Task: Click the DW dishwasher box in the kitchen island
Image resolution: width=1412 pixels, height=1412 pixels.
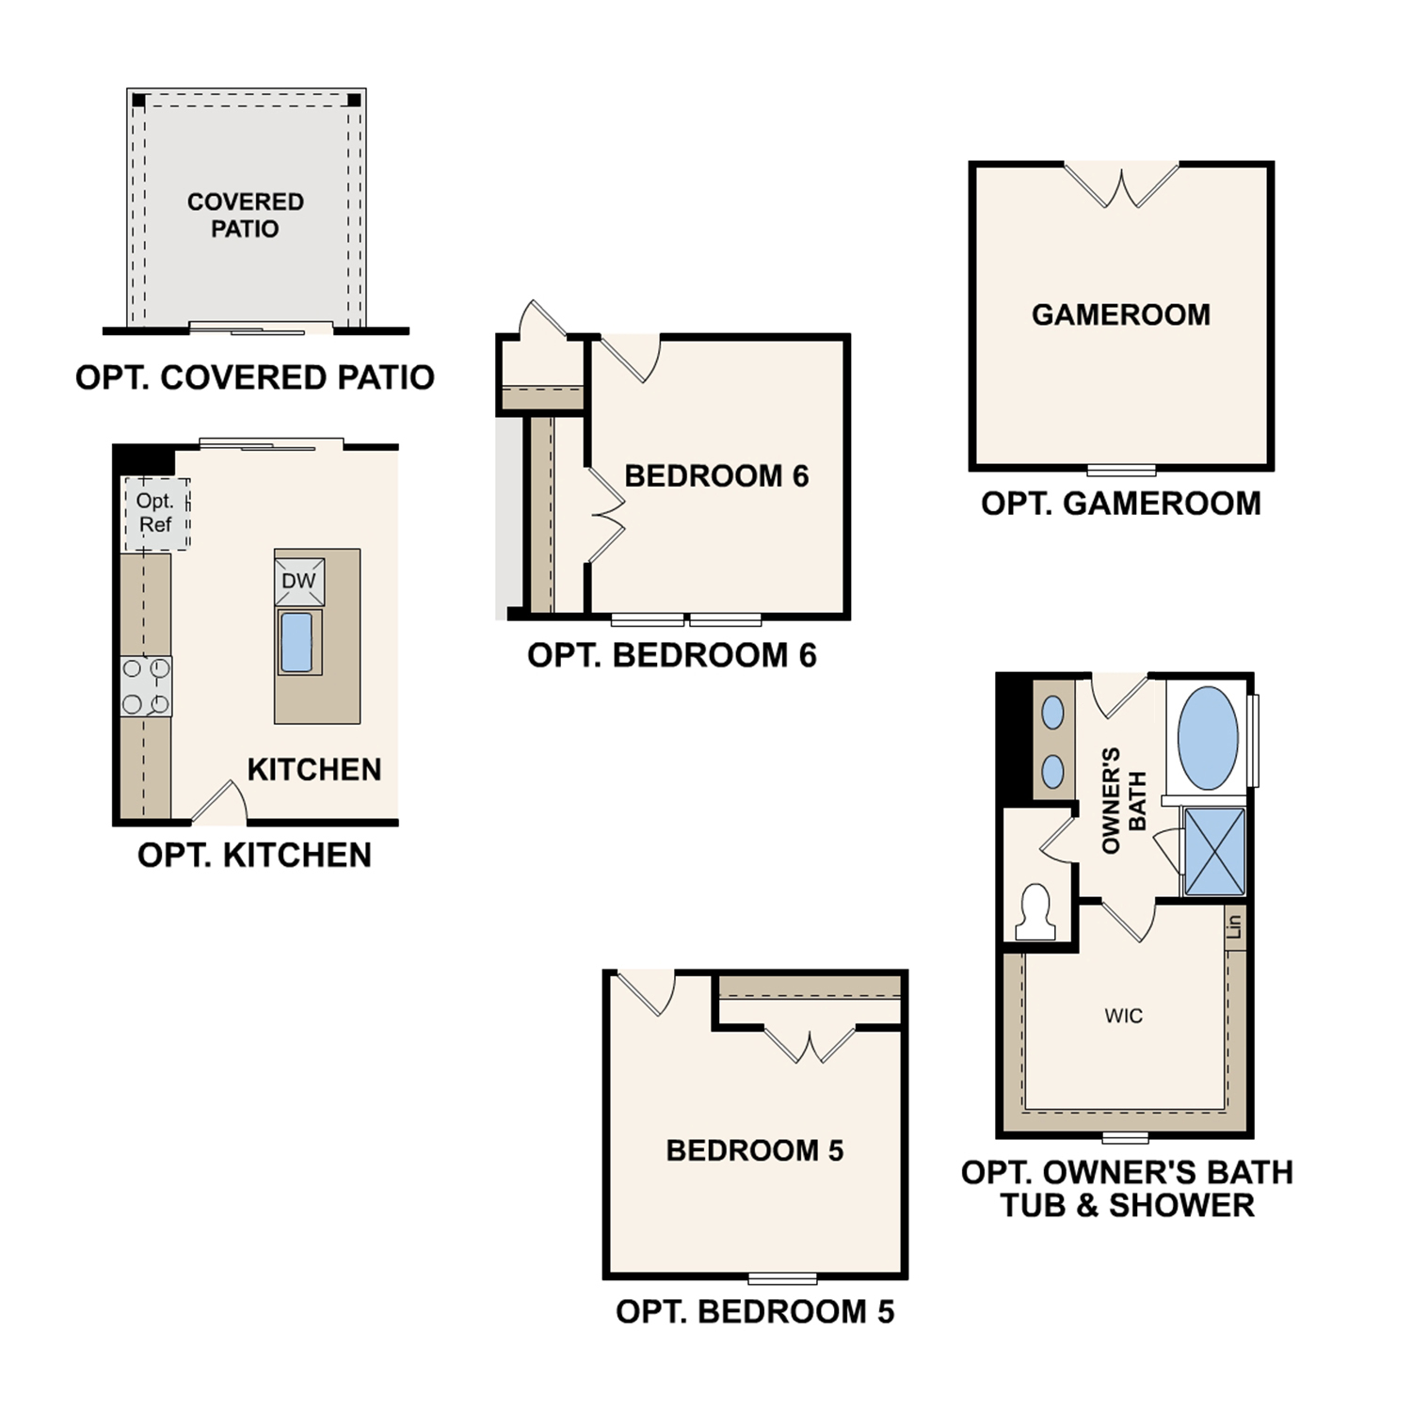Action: pos(299,581)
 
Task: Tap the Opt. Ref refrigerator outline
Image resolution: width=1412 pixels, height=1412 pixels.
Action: pos(156,514)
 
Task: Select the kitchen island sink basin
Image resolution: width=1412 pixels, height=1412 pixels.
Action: pos(297,642)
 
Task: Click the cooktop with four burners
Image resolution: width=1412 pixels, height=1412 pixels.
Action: pos(146,686)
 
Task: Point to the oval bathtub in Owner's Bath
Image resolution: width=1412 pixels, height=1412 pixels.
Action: pos(1208,738)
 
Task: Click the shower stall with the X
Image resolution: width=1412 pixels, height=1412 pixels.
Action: pos(1214,851)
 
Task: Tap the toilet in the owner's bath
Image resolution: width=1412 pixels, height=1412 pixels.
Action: pos(1035,911)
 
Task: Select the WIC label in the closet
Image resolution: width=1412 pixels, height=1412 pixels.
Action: pos(1124,1016)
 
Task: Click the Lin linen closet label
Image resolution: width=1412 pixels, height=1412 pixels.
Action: pos(1235,926)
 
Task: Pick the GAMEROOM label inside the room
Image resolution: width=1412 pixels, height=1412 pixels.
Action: pos(1121,314)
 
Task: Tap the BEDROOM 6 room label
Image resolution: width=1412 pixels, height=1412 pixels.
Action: pos(716,476)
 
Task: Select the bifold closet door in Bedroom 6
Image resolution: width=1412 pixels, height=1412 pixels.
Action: pos(605,515)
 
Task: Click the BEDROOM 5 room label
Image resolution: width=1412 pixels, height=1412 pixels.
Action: pos(754,1150)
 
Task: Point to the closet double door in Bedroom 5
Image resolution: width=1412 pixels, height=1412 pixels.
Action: pos(810,1044)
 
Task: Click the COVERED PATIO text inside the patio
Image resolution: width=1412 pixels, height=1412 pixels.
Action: pos(245,216)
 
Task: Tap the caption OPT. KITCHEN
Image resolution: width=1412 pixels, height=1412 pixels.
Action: pos(254,855)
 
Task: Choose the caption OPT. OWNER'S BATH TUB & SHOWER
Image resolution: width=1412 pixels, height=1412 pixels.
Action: pos(1127,1189)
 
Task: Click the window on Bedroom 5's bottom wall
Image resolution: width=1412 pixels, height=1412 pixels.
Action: pos(782,1278)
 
